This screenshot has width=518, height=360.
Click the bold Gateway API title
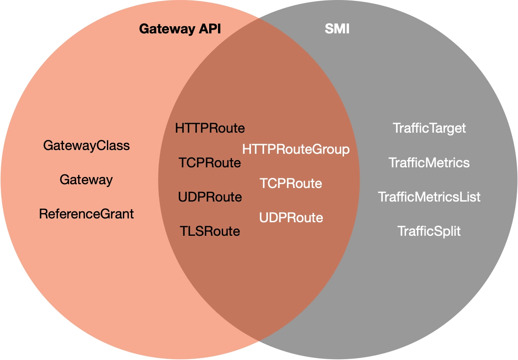[x=180, y=29]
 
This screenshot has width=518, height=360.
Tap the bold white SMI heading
[x=337, y=29]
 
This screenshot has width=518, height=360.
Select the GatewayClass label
[x=87, y=146]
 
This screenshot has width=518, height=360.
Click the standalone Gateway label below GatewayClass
[x=86, y=180]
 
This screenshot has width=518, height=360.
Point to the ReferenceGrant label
[x=86, y=214]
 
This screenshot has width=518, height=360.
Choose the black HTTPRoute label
[x=210, y=128]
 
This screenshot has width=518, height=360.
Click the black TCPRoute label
[x=210, y=163]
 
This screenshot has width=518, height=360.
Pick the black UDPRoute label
[x=210, y=197]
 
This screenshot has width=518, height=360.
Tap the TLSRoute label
[x=210, y=231]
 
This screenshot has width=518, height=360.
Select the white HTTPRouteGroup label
[x=296, y=149]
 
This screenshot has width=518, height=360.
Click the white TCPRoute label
[x=291, y=183]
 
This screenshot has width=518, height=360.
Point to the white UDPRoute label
[x=291, y=218]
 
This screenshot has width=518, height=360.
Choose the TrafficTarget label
[x=429, y=128]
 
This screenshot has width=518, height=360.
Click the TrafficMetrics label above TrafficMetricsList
[x=429, y=163]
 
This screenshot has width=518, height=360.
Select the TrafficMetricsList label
[x=429, y=197]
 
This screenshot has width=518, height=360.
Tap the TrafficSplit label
[x=429, y=232]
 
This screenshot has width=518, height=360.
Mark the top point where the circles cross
[x=259, y=18]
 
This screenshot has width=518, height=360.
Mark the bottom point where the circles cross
[x=259, y=341]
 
